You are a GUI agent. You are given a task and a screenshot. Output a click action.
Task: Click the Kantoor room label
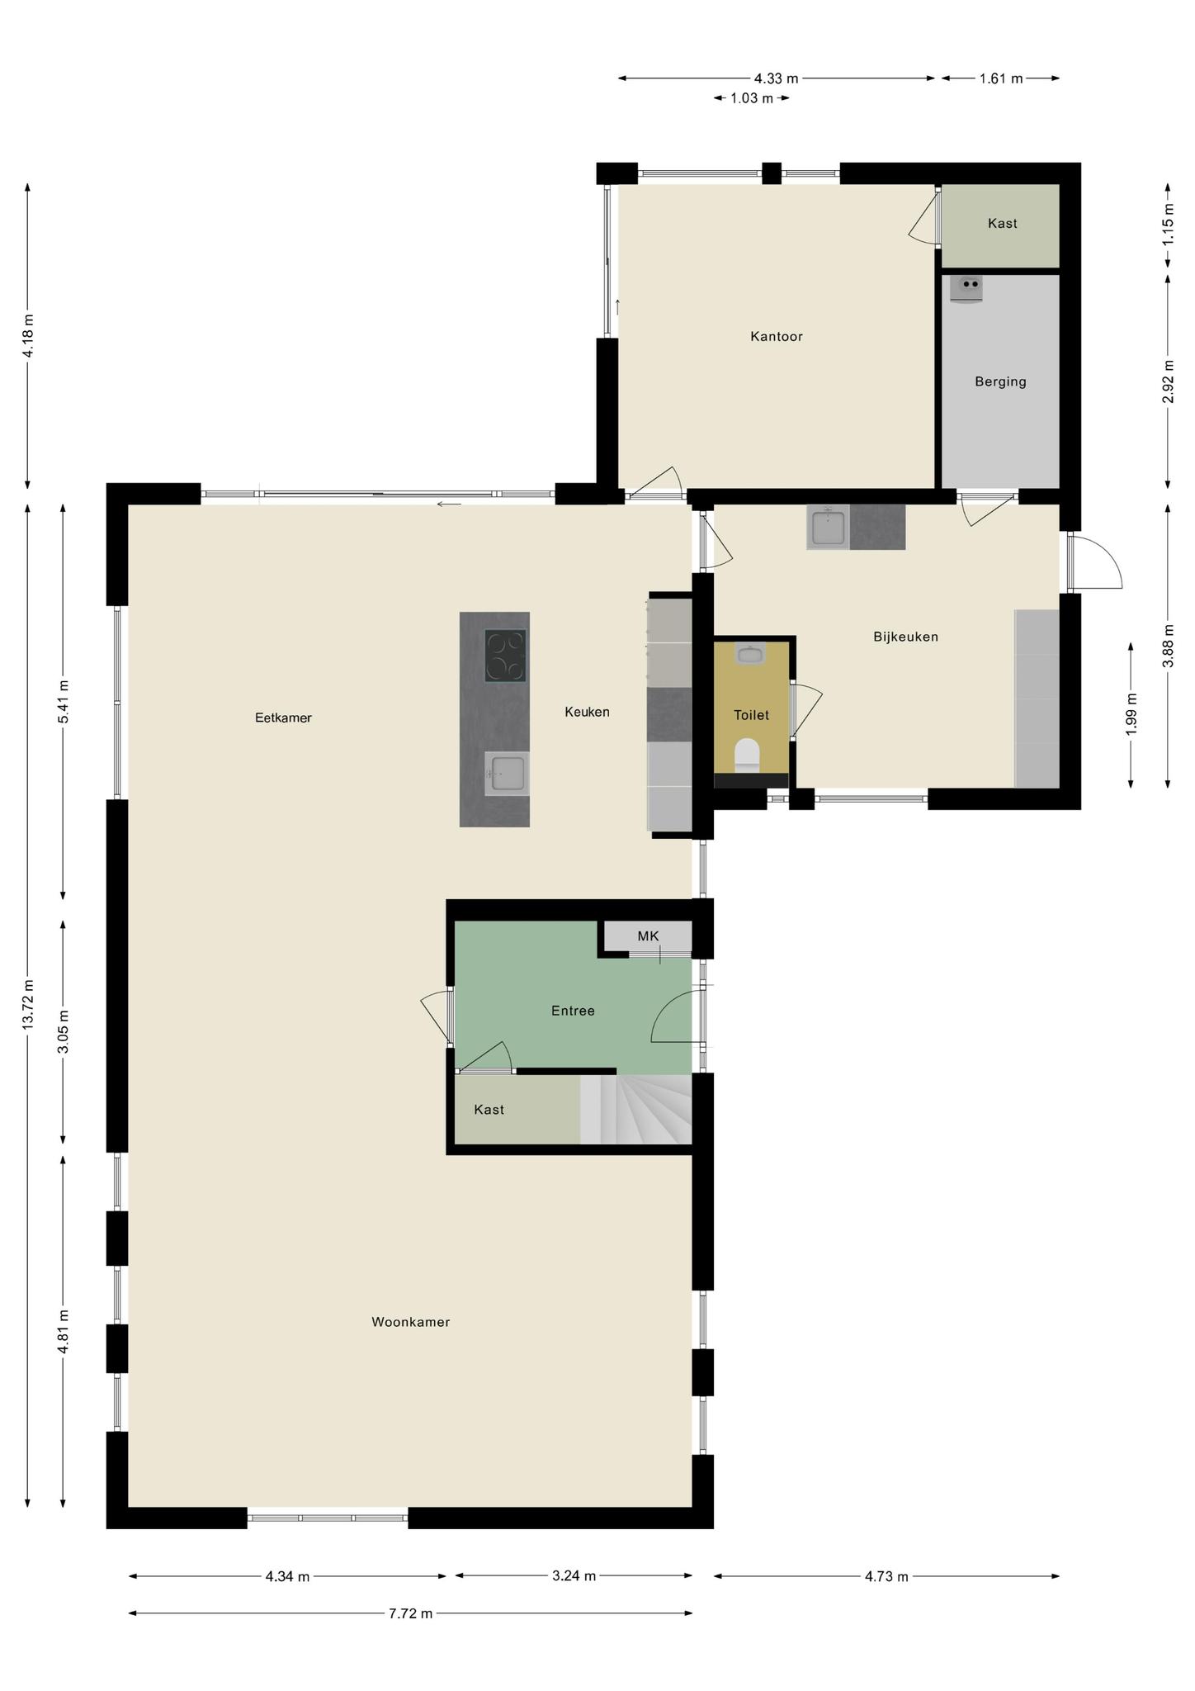pos(776,336)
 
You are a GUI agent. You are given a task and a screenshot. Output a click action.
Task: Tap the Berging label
pos(1000,381)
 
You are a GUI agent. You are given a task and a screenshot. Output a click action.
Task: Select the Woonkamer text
pos(410,1322)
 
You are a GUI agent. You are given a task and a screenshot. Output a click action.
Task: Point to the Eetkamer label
pos(283,718)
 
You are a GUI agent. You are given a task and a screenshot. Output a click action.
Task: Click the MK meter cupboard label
pos(648,935)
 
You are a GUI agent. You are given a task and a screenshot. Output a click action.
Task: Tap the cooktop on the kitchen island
pos(505,656)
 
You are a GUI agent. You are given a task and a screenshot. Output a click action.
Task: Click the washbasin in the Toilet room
pos(750,654)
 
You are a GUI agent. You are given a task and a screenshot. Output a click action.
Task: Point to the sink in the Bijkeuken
pos(828,528)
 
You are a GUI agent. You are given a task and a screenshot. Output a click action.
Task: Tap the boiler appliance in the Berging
pos(966,289)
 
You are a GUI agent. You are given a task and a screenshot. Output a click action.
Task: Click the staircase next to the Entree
pos(635,1109)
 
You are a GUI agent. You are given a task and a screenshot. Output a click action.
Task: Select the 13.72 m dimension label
pos(28,1004)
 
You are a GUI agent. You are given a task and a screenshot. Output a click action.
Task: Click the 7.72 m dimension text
pos(410,1613)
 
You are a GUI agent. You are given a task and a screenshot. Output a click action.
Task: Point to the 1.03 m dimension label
pos(751,98)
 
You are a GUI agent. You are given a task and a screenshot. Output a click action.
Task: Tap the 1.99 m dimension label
pos(1131,713)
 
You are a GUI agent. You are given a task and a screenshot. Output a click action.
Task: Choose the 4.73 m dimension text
pos(886,1576)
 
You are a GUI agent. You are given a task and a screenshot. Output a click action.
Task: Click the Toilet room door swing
pos(807,711)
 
